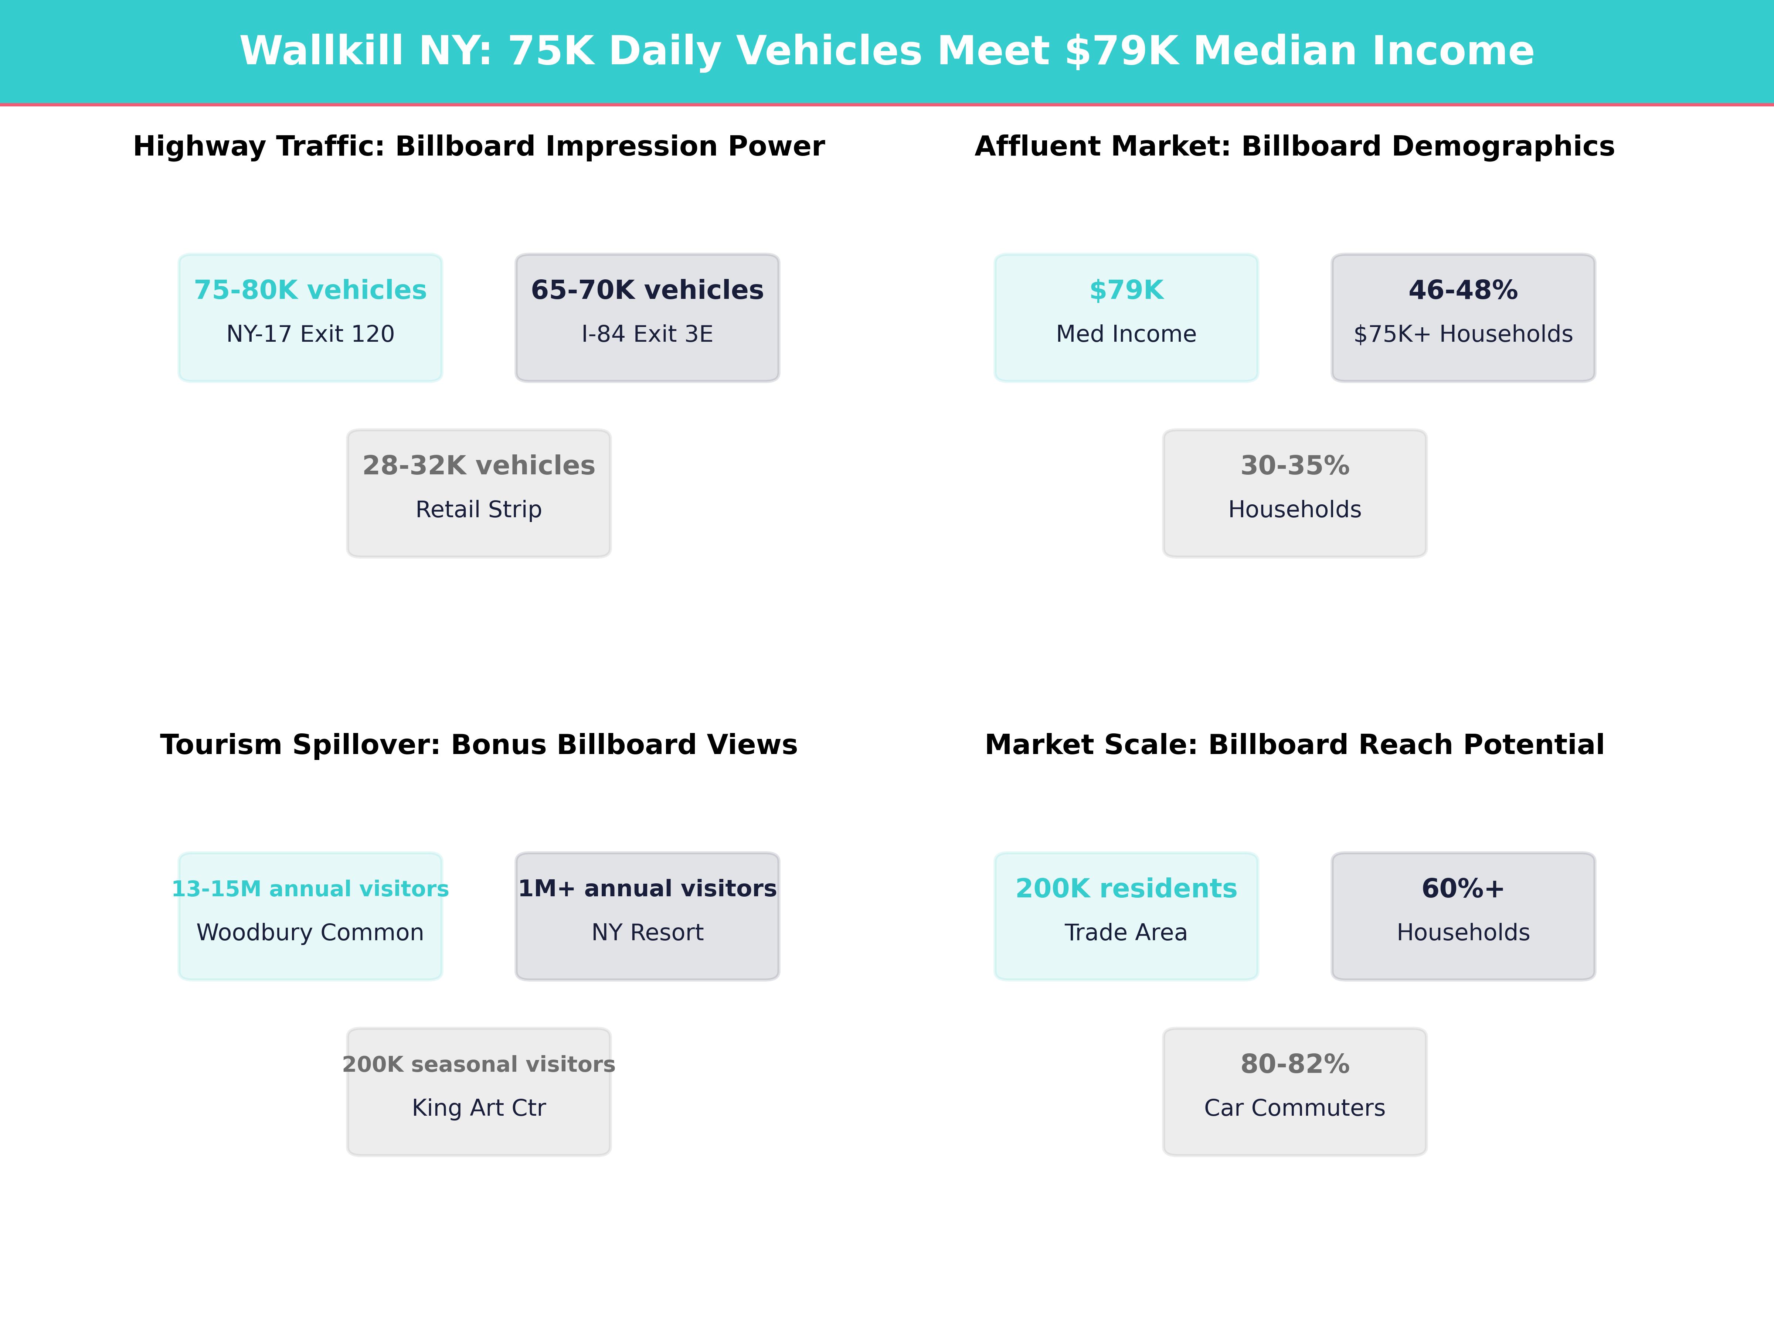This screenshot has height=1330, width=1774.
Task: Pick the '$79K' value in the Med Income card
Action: tap(1126, 290)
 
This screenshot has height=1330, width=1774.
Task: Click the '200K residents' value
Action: tap(1126, 889)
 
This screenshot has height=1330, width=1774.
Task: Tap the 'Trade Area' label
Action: tap(1126, 933)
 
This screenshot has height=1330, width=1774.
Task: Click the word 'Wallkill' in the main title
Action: tap(321, 51)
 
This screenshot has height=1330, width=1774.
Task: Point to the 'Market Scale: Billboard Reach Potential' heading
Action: tap(1294, 745)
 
